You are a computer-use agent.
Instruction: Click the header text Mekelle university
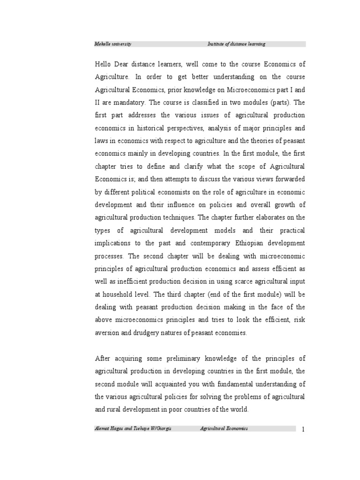pos(113,44)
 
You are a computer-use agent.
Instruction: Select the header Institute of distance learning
pos(236,44)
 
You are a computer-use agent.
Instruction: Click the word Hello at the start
pos(105,64)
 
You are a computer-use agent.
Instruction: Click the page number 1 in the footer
pos(304,430)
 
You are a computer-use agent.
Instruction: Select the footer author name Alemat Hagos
pos(110,429)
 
